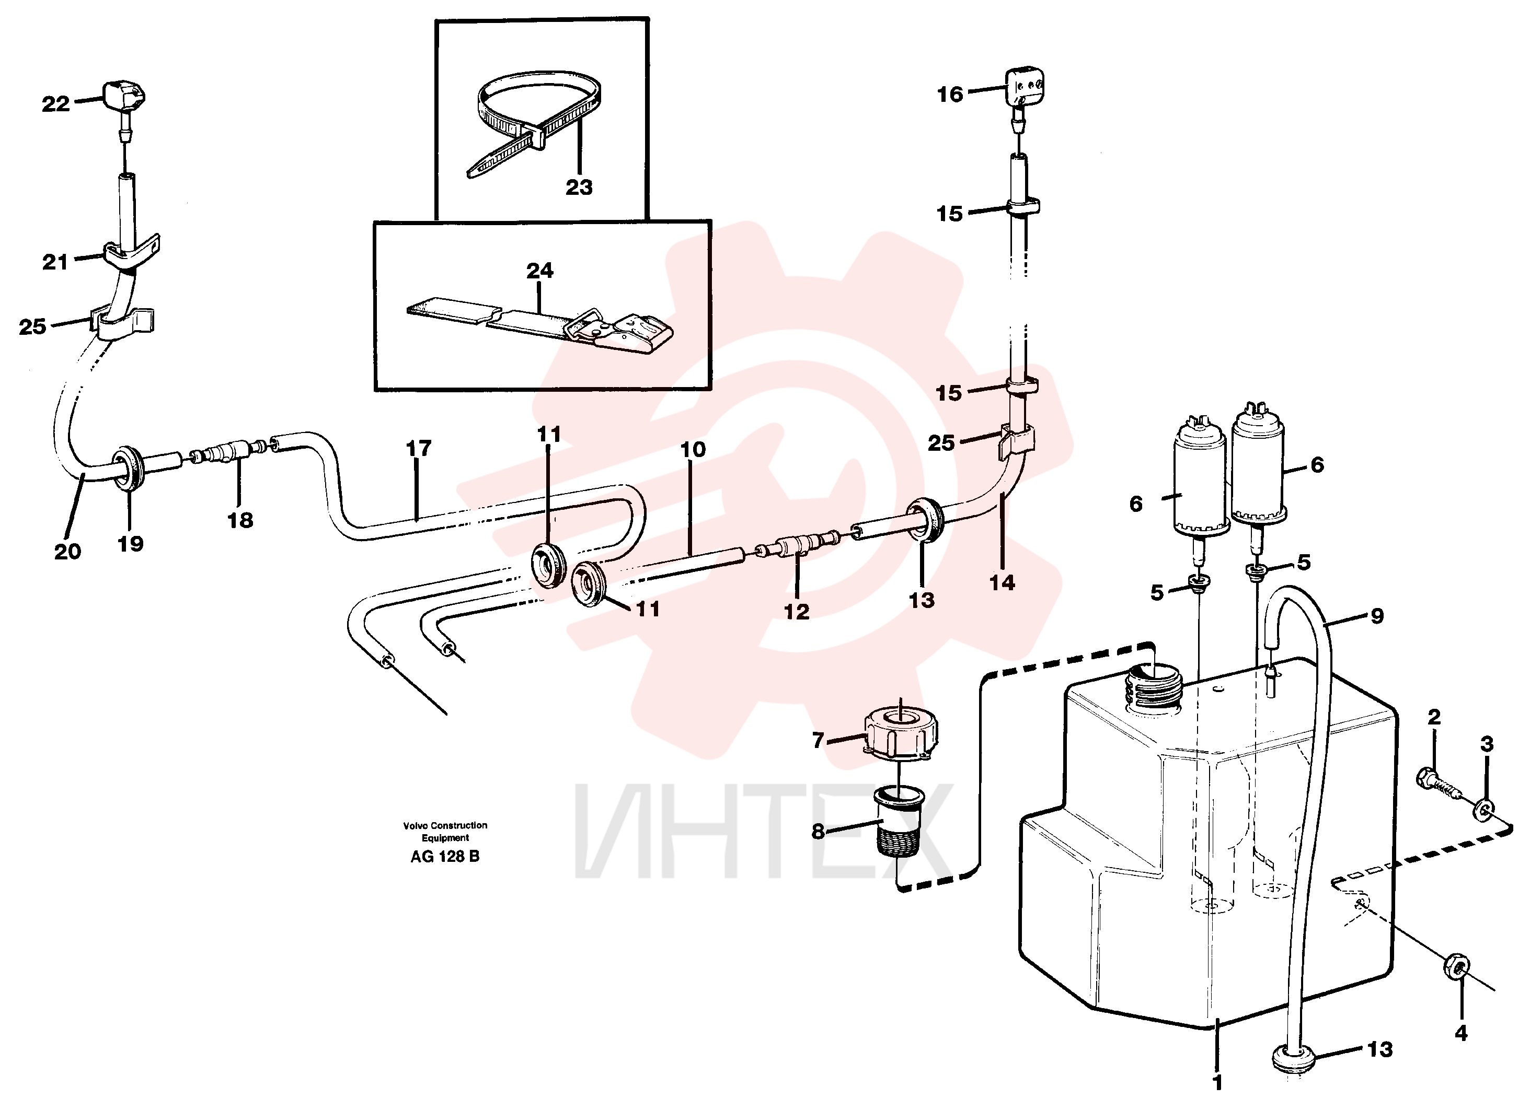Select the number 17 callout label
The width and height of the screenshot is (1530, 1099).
tap(418, 448)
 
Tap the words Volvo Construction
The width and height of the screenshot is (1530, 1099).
tap(445, 825)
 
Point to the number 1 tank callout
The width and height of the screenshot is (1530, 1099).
tap(1217, 1083)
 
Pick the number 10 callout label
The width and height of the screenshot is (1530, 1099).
tap(693, 449)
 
